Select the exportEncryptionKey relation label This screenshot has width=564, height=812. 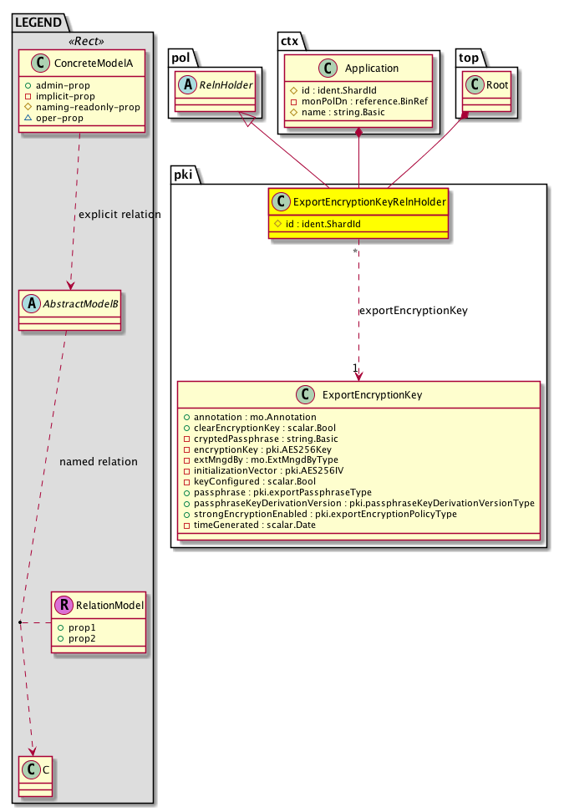click(x=413, y=311)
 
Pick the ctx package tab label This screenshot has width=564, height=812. click(x=289, y=37)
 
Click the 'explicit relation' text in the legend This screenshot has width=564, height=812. click(x=119, y=215)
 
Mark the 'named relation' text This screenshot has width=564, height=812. click(x=99, y=461)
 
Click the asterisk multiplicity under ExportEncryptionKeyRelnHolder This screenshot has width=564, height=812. click(x=356, y=251)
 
